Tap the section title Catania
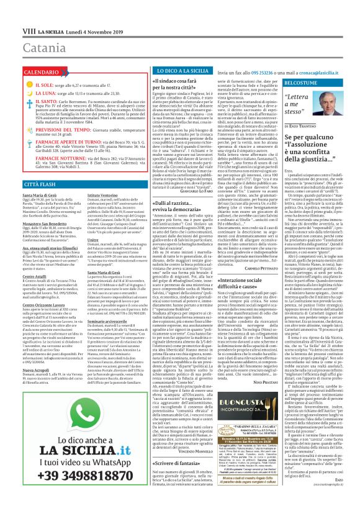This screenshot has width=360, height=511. coord(28,30)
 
